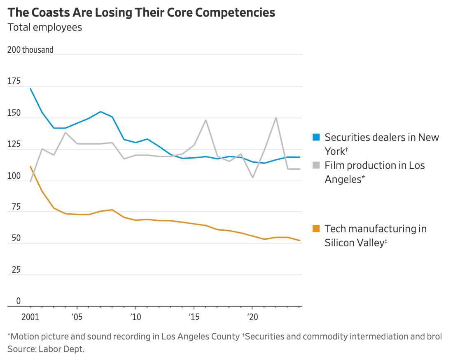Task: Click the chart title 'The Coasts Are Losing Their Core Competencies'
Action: (141, 12)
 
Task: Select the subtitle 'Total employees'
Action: (45, 27)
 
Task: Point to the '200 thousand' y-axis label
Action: (30, 50)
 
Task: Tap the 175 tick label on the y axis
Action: (14, 82)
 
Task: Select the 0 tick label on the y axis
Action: (18, 301)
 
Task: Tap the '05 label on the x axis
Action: (77, 317)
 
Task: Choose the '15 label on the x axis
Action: (194, 317)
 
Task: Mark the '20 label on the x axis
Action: (252, 317)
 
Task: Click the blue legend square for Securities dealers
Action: (316, 137)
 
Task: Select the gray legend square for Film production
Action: (316, 165)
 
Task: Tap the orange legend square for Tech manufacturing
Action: (316, 229)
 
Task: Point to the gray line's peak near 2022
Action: (276, 118)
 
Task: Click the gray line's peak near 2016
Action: (205, 120)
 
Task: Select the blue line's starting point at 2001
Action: (30, 89)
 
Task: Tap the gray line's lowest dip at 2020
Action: (252, 177)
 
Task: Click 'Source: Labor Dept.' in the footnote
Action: (46, 349)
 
